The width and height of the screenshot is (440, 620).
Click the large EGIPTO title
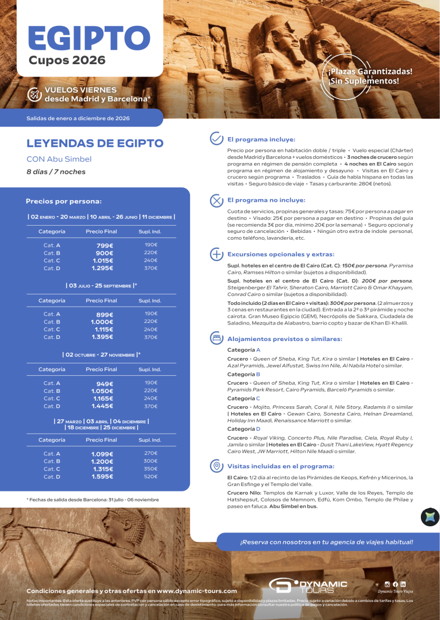(x=89, y=37)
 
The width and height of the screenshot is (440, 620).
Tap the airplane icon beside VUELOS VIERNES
(x=34, y=94)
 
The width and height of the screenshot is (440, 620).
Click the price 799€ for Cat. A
(x=104, y=245)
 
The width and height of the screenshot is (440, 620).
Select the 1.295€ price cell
(x=102, y=268)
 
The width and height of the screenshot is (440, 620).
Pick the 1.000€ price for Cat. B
(x=102, y=322)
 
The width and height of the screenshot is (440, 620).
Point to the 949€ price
(x=104, y=383)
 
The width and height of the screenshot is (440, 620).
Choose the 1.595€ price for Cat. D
(x=102, y=477)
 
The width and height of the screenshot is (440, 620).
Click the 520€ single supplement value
(x=150, y=477)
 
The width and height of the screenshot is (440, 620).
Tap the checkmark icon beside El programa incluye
(x=216, y=139)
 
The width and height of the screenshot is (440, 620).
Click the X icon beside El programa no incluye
(x=216, y=200)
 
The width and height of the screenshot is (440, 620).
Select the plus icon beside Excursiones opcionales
(x=216, y=254)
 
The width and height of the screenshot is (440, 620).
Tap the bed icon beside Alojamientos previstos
(x=216, y=339)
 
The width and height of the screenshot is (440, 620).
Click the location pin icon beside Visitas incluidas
(x=216, y=466)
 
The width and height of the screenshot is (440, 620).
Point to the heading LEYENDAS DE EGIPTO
(x=95, y=143)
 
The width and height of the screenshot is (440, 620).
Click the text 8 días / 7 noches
(x=56, y=172)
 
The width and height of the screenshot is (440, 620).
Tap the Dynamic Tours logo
(x=308, y=585)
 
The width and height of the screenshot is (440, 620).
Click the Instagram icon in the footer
(x=387, y=584)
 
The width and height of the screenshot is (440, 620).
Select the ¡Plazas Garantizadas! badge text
(x=370, y=71)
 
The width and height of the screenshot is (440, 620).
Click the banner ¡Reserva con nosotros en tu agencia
(x=326, y=542)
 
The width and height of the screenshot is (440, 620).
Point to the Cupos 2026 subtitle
(x=67, y=60)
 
